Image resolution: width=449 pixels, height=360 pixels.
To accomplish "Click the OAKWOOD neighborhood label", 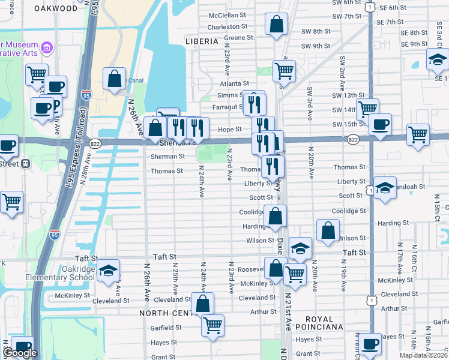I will pyautogui.click(x=56, y=8).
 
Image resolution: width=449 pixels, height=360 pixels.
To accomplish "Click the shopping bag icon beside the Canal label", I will pyautogui.click(x=113, y=79).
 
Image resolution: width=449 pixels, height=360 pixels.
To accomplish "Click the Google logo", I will pyautogui.click(x=20, y=353).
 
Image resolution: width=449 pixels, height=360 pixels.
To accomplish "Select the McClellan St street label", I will pyautogui.click(x=228, y=15).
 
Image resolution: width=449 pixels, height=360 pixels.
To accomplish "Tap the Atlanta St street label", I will pyautogui.click(x=234, y=83).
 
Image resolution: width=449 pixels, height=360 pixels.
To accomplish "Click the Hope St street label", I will pyautogui.click(x=229, y=129).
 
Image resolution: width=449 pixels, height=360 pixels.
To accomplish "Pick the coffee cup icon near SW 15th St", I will pyautogui.click(x=380, y=125).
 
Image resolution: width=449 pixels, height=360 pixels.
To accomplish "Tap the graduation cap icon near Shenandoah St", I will pyautogui.click(x=385, y=187).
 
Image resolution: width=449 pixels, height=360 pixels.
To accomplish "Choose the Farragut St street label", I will pyautogui.click(x=226, y=106).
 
